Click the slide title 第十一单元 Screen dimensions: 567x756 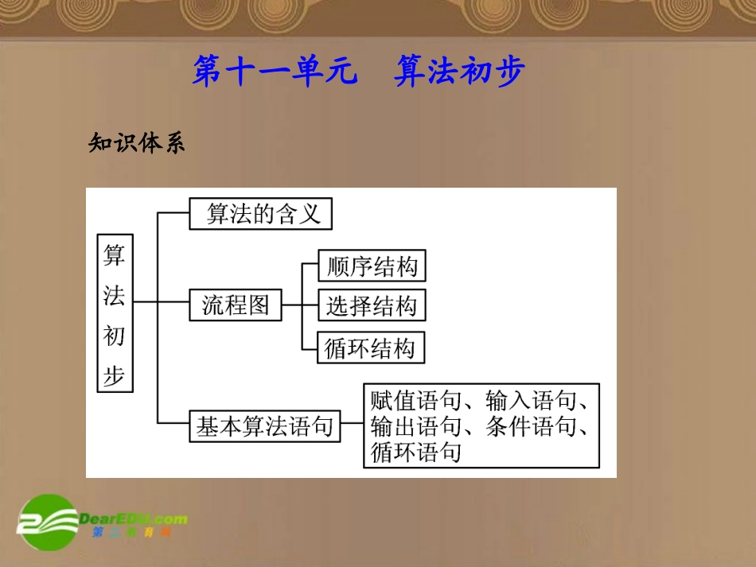coord(271,72)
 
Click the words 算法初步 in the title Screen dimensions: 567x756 coord(459,72)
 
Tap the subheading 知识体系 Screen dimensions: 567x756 coord(136,143)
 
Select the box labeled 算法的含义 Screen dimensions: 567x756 coord(260,214)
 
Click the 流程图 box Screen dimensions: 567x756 coord(236,305)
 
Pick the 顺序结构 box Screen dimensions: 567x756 coord(372,266)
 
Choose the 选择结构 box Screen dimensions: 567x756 coord(372,305)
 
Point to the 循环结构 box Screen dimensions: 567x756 coord(371,348)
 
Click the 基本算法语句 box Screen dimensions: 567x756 coord(265,427)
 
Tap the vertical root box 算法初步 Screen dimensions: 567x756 coord(115,313)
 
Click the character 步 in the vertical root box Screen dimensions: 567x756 coord(115,375)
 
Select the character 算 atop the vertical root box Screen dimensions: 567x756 coord(115,254)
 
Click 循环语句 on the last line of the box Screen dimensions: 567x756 coord(415,453)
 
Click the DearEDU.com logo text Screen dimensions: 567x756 coord(134,519)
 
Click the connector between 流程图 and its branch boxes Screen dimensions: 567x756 coord(301,305)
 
